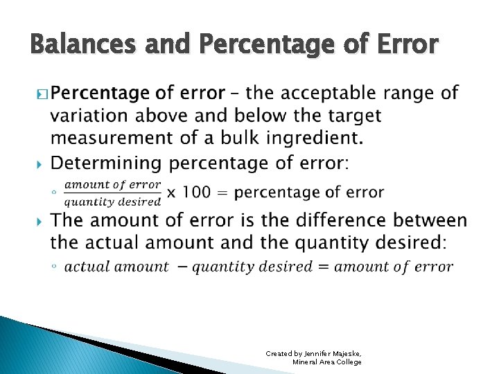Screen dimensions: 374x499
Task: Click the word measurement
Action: click(112, 137)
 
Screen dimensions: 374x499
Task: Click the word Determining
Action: click(107, 163)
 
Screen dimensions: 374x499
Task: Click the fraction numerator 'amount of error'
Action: click(112, 185)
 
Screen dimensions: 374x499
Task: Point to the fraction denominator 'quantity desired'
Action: click(112, 202)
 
